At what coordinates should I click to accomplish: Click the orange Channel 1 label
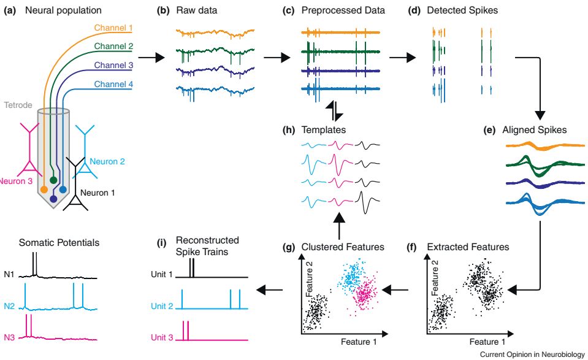click(x=114, y=28)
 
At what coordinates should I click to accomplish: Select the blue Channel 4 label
click(x=115, y=85)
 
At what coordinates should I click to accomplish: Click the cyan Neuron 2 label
click(x=108, y=161)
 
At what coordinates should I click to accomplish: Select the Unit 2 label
click(x=162, y=305)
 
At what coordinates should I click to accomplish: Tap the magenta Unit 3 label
click(x=162, y=337)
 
